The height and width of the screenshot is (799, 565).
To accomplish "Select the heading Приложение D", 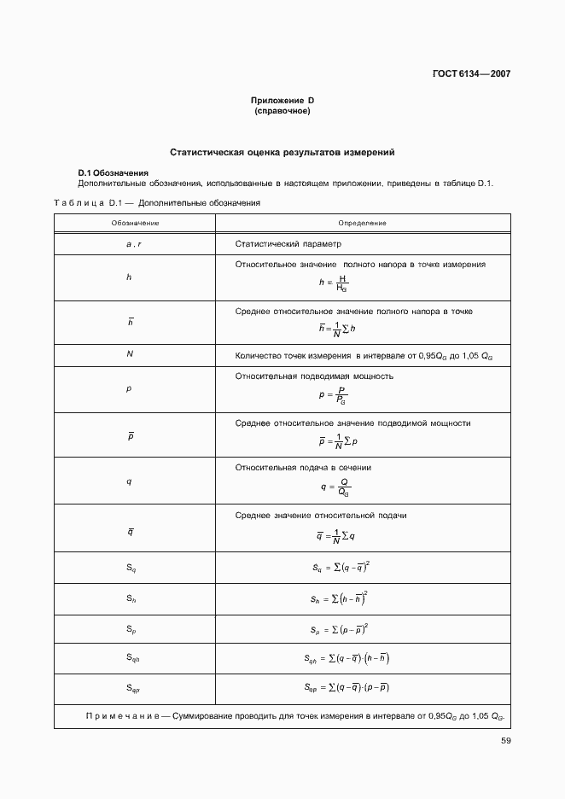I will point(282,102).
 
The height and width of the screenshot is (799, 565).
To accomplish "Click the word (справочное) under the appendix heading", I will point(282,112).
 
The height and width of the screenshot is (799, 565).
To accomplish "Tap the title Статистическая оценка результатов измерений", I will point(282,153).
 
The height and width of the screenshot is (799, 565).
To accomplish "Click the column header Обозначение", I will point(135,223).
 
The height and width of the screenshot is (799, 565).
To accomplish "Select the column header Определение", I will point(362,223).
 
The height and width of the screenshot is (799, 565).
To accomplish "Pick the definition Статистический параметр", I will point(288,244).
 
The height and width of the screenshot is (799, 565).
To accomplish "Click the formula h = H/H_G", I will point(333,283).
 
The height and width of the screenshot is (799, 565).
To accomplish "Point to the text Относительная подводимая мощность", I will point(313,376).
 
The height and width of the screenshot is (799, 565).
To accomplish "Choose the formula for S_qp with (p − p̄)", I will point(347,687).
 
